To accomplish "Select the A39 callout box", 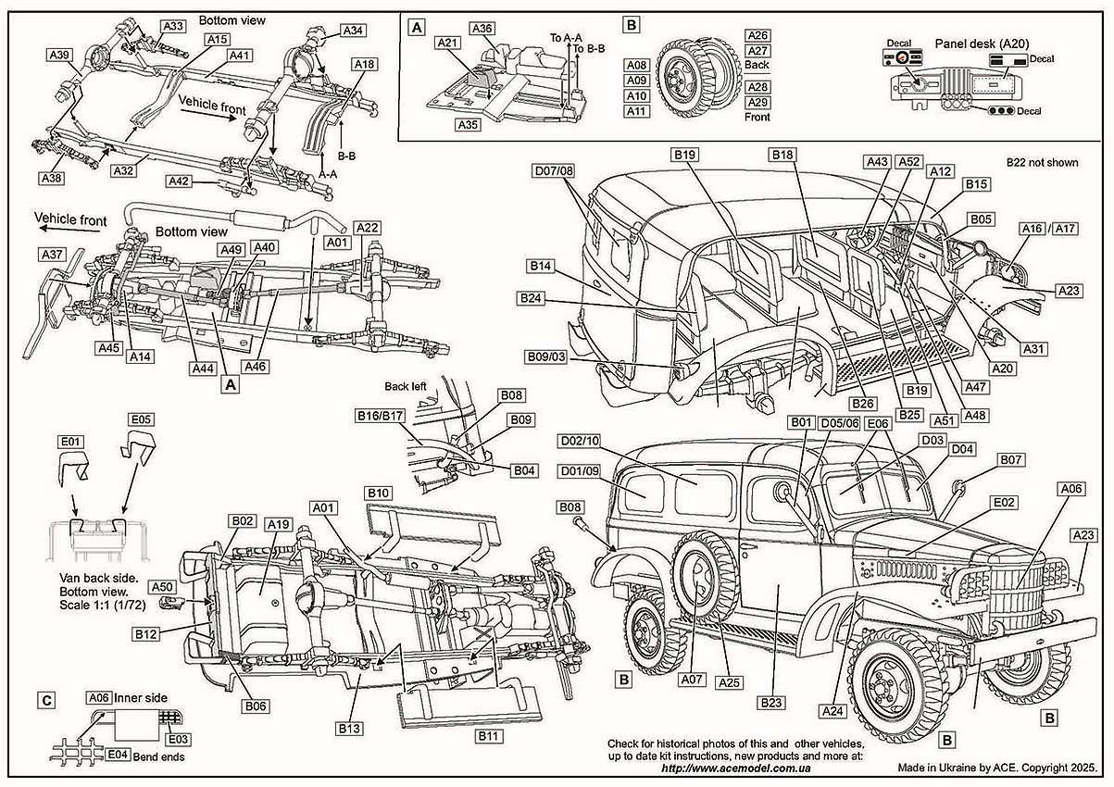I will point(60,56).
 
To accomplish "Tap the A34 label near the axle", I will point(352,31).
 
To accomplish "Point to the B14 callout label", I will point(542,266).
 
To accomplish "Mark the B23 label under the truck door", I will point(771,703).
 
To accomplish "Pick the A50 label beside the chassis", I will point(162,587).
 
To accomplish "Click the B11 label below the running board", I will point(488,735).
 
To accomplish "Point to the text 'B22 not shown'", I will point(1043,163).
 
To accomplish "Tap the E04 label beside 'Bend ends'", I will point(117,755).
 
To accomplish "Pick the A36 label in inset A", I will point(481,29).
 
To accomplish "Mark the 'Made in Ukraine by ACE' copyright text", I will point(996,768).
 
